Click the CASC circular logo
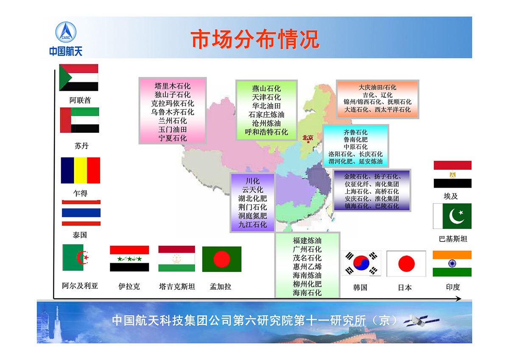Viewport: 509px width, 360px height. coord(66,32)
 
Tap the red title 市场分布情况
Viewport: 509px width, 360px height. coord(255,39)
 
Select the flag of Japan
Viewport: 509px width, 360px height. coord(406,264)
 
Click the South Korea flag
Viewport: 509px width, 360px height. coord(361,263)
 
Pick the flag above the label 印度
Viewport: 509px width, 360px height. coord(452,264)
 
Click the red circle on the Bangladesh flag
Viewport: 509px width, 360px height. coord(222,259)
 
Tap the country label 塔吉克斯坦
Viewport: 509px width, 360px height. coord(177,286)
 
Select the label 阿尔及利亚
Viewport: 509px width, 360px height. coord(80,286)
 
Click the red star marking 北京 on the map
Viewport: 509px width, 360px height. coord(308,142)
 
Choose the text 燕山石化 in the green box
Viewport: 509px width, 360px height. coord(266,88)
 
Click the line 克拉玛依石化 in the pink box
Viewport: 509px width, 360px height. coord(173,103)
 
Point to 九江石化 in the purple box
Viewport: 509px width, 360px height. coord(252,225)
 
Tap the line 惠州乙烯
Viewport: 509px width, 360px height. coord(307,267)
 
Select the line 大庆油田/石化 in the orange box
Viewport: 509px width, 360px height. coord(377,87)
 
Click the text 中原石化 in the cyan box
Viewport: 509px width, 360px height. coord(355,147)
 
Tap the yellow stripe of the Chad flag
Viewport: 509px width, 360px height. coord(81,170)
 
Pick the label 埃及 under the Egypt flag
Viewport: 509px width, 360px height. coord(450,196)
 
